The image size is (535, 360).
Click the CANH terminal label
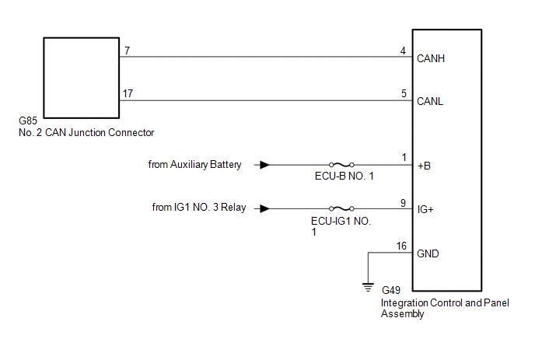click(x=431, y=58)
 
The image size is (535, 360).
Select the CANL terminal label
click(x=430, y=101)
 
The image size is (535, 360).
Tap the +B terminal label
click(x=424, y=166)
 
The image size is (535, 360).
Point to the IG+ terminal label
click(x=425, y=209)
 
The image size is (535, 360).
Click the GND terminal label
click(x=428, y=253)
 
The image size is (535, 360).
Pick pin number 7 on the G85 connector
click(x=128, y=51)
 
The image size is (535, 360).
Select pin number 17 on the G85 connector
click(x=128, y=93)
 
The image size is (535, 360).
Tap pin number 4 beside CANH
click(x=403, y=51)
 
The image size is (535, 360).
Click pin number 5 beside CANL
click(x=404, y=93)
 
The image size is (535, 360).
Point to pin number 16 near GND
click(x=401, y=246)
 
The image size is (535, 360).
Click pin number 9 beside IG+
click(x=403, y=203)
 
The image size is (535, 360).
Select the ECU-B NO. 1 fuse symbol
click(x=341, y=165)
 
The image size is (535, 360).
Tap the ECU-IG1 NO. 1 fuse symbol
click(x=341, y=208)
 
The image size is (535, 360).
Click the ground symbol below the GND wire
click(x=368, y=288)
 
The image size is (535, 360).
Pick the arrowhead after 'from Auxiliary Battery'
click(x=264, y=165)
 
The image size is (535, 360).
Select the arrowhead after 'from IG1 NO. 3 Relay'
click(x=264, y=208)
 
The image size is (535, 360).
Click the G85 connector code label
click(x=28, y=121)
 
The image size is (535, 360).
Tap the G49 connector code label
click(x=391, y=290)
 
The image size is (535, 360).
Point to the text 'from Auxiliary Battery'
click(x=194, y=165)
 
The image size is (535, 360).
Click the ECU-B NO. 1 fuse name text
click(x=344, y=176)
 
